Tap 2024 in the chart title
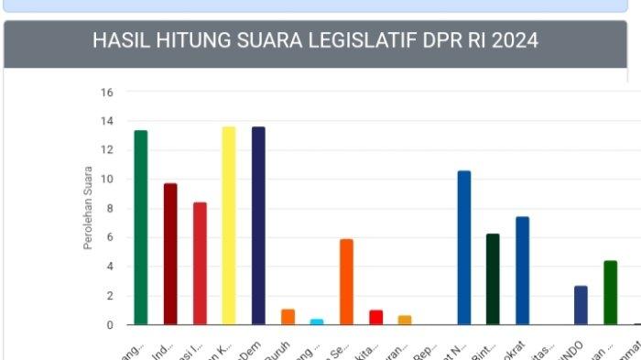click(514, 41)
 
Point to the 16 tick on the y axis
click(107, 93)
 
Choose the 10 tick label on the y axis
click(107, 180)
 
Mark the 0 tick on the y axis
click(110, 325)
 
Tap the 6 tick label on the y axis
click(110, 238)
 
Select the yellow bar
click(229, 225)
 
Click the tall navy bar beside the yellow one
click(258, 225)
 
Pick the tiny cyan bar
click(317, 322)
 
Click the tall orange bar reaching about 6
click(346, 281)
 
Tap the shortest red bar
click(375, 317)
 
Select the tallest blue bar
click(464, 247)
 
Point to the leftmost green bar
click(140, 227)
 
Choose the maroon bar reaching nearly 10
click(170, 254)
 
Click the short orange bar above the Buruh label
click(288, 317)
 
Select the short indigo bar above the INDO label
click(581, 305)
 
